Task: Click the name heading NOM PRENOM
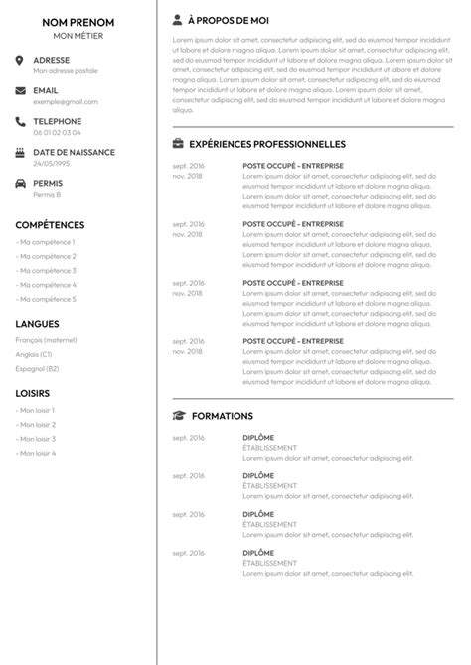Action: pos(78,22)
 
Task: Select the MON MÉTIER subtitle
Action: pos(78,36)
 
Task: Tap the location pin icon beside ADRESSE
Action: pos(21,60)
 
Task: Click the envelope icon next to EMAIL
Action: pos(21,90)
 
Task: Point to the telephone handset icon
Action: pos(21,121)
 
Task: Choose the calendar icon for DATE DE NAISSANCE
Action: pos(21,152)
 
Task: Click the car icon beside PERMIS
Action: pos(21,184)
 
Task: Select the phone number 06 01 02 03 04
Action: pos(58,132)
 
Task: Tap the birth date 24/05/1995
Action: pos(51,163)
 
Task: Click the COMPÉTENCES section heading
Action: pos(50,225)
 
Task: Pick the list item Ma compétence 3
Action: pos(46,270)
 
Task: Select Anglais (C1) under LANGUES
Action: pos(34,354)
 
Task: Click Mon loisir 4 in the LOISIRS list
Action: pos(36,453)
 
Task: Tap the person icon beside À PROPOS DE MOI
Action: pos(177,19)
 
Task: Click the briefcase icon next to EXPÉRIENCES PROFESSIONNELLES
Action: pos(178,144)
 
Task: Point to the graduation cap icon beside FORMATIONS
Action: pos(179,416)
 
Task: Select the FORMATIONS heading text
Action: pos(223,416)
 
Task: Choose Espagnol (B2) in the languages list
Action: pos(37,368)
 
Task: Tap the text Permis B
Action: pos(47,194)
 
